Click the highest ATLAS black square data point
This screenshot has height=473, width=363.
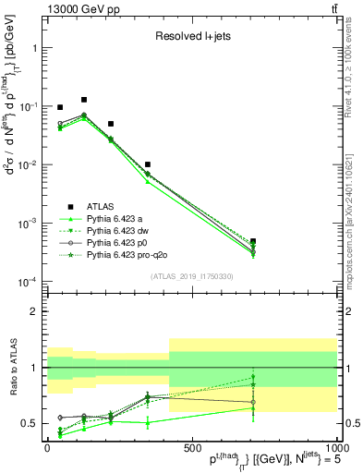[84, 100]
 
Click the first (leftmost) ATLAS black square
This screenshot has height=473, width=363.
[60, 107]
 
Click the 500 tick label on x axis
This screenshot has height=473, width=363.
[191, 447]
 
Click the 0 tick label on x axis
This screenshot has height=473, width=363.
[47, 447]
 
